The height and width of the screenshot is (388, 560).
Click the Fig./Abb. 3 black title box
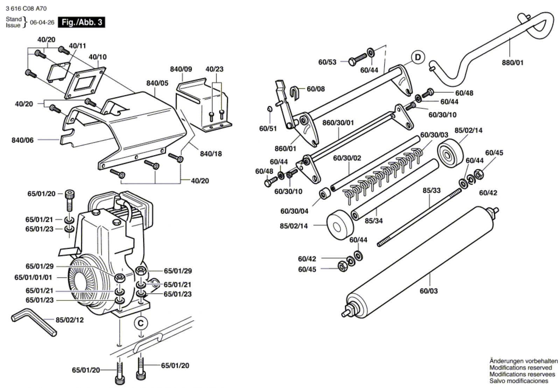point(81,22)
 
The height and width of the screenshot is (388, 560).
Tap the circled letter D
point(418,57)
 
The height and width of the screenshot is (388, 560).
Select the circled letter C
point(141,323)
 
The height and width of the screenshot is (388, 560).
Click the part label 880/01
point(512,63)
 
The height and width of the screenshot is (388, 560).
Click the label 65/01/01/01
point(33,277)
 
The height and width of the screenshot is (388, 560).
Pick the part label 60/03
point(429,291)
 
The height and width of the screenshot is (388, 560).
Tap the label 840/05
point(157,83)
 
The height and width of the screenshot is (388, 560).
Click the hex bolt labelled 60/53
point(357,59)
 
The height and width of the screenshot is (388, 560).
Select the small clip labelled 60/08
point(295,93)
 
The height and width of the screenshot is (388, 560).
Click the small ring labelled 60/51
point(269,109)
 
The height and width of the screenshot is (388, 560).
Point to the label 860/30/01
point(338,123)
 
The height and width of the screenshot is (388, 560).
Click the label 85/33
point(432,190)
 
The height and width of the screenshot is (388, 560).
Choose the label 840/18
point(211,154)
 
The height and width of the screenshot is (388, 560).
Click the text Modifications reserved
point(520,368)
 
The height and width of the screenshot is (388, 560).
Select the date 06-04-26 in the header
point(42,22)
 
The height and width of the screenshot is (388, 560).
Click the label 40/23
point(214,69)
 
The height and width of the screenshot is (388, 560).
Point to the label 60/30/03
point(434,135)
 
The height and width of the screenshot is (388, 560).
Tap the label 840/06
point(22,140)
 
